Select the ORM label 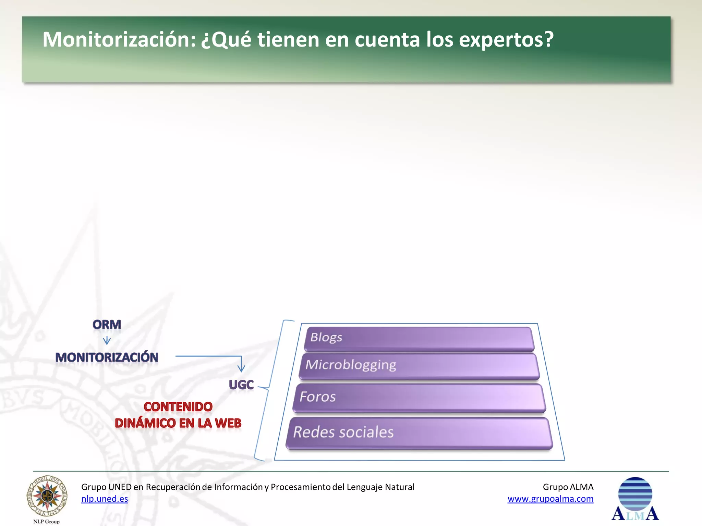point(107,325)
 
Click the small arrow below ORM point(107,340)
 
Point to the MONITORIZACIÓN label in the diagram point(107,358)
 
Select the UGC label point(241,385)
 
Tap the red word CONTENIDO point(178,407)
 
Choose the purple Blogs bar point(419,339)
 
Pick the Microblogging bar point(419,366)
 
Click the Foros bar point(419,398)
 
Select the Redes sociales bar point(419,433)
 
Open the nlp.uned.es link point(105,499)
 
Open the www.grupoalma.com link point(550,499)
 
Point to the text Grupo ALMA point(568,487)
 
